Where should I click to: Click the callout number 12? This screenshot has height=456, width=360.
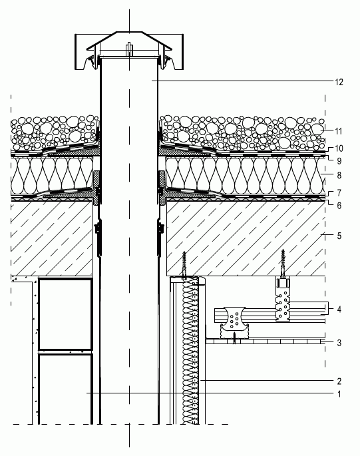click(339, 82)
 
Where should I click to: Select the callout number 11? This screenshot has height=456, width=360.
click(339, 131)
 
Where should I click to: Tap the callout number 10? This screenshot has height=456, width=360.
click(339, 148)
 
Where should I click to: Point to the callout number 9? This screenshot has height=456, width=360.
click(339, 161)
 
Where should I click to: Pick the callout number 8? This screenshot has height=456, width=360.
click(339, 175)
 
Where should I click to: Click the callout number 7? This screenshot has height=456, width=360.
click(339, 193)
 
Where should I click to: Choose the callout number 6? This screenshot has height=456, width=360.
click(339, 206)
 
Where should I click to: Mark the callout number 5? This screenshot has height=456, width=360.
click(339, 236)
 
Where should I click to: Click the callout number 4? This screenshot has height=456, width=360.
click(339, 309)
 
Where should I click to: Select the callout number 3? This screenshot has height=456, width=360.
click(339, 343)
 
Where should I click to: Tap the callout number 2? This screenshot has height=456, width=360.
click(339, 381)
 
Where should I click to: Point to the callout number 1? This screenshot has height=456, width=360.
click(339, 394)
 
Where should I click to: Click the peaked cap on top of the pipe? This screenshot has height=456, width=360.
click(129, 41)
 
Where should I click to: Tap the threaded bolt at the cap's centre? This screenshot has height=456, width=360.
click(129, 49)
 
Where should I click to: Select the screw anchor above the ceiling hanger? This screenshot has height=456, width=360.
click(283, 263)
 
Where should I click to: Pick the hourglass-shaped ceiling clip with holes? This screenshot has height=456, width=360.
click(236, 322)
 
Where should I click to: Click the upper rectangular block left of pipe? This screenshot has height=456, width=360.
click(65, 314)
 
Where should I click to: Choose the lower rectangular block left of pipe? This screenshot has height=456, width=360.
click(65, 389)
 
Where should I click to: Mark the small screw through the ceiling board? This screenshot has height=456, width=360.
click(234, 339)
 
